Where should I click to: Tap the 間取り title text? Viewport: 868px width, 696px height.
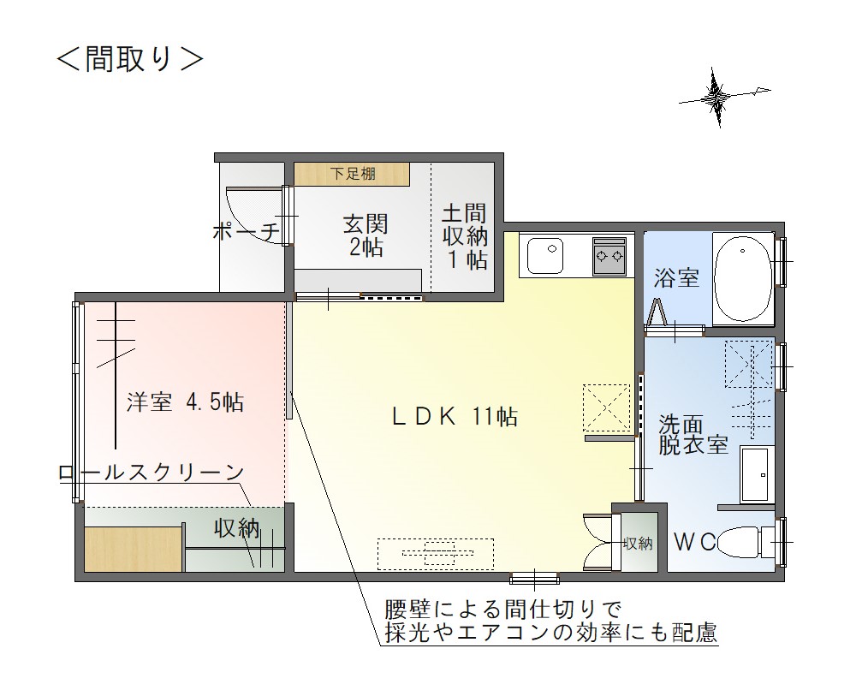pyautogui.click(x=130, y=59)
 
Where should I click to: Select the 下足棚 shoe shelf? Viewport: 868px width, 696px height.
pyautogui.click(x=352, y=174)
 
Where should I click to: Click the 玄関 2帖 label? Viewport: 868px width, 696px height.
pyautogui.click(x=366, y=235)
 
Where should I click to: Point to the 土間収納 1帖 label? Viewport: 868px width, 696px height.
pyautogui.click(x=465, y=236)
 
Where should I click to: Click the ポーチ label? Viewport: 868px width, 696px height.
pyautogui.click(x=246, y=231)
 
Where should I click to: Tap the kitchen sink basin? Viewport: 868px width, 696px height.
pyautogui.click(x=545, y=255)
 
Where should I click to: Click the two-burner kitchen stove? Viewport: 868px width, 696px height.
pyautogui.click(x=609, y=256)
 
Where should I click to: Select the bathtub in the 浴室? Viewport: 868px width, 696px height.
pyautogui.click(x=743, y=279)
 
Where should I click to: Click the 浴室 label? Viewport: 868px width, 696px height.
pyautogui.click(x=676, y=278)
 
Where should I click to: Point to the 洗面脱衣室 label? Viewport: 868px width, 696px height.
pyautogui.click(x=693, y=435)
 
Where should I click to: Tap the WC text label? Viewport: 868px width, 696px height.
pyautogui.click(x=694, y=543)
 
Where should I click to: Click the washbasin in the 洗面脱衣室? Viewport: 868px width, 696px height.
pyautogui.click(x=755, y=474)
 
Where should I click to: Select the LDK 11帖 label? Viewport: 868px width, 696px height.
pyautogui.click(x=455, y=416)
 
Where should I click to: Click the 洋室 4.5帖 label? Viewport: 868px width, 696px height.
pyautogui.click(x=186, y=402)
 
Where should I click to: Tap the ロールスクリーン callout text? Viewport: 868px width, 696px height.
pyautogui.click(x=152, y=473)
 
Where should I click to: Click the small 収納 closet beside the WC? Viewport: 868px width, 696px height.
pyautogui.click(x=638, y=543)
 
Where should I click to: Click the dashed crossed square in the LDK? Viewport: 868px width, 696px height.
pyautogui.click(x=607, y=408)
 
